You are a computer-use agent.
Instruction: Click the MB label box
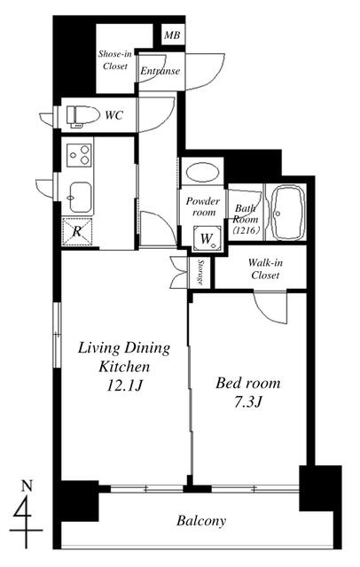(173, 35)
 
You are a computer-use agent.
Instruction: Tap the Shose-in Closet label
(115, 60)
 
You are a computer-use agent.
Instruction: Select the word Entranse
(160, 71)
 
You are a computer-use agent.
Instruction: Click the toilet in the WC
(82, 116)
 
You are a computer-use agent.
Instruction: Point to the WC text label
(114, 116)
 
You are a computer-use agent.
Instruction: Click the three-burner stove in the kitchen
(79, 155)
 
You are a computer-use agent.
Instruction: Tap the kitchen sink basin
(80, 197)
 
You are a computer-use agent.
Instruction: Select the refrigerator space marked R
(76, 231)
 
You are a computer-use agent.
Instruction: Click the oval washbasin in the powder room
(202, 172)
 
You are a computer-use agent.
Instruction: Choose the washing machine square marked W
(207, 238)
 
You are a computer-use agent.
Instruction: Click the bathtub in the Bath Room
(288, 213)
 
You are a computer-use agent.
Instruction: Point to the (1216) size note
(246, 230)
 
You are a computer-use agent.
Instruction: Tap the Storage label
(200, 272)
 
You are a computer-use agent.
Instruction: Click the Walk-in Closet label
(265, 268)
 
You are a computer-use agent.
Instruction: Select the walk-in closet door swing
(270, 307)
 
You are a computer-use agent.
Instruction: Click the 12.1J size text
(125, 386)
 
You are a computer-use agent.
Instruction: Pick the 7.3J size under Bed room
(247, 402)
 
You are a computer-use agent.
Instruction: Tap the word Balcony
(201, 521)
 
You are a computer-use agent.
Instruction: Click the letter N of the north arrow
(27, 486)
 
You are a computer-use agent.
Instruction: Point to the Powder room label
(203, 206)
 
